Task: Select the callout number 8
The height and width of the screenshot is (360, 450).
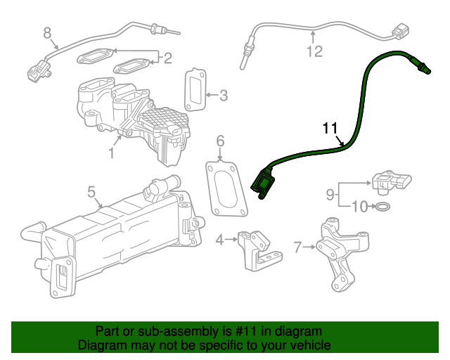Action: click(48, 32)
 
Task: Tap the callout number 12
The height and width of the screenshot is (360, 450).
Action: click(314, 51)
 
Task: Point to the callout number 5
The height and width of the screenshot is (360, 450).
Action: click(91, 191)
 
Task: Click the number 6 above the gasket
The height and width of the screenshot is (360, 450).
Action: click(220, 142)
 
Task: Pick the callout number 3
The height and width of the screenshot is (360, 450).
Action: click(223, 95)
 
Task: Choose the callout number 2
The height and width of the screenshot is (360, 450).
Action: click(167, 58)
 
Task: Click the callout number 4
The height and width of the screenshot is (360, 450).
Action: click(219, 240)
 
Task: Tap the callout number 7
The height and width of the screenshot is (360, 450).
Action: click(297, 247)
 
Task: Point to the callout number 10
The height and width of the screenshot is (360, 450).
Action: click(359, 207)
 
